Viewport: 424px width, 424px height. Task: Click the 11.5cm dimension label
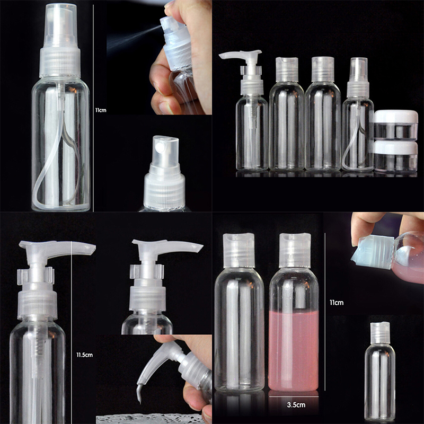pyautogui.click(x=84, y=355)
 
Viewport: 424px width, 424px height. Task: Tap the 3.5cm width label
pyautogui.click(x=296, y=405)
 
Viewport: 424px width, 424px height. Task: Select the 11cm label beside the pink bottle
pyautogui.click(x=337, y=303)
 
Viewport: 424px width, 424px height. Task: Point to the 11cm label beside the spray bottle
pyautogui.click(x=101, y=110)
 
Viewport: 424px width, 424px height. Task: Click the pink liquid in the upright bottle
pyautogui.click(x=294, y=351)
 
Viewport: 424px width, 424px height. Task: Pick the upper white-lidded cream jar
pyautogui.click(x=396, y=125)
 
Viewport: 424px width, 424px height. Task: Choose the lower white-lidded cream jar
pyautogui.click(x=396, y=156)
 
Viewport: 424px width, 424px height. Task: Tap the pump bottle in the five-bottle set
pyautogui.click(x=250, y=111)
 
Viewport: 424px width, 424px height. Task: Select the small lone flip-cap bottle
pyautogui.click(x=379, y=371)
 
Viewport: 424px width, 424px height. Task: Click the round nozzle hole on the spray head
pyautogui.click(x=160, y=147)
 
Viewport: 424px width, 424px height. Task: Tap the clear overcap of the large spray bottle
pyautogui.click(x=60, y=25)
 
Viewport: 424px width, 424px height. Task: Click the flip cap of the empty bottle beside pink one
pyautogui.click(x=239, y=250)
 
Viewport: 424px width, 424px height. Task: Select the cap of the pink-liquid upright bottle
pyautogui.click(x=295, y=250)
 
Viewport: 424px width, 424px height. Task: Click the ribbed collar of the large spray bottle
pyautogui.click(x=60, y=62)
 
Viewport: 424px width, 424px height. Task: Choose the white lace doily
pyautogui.click(x=150, y=419)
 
